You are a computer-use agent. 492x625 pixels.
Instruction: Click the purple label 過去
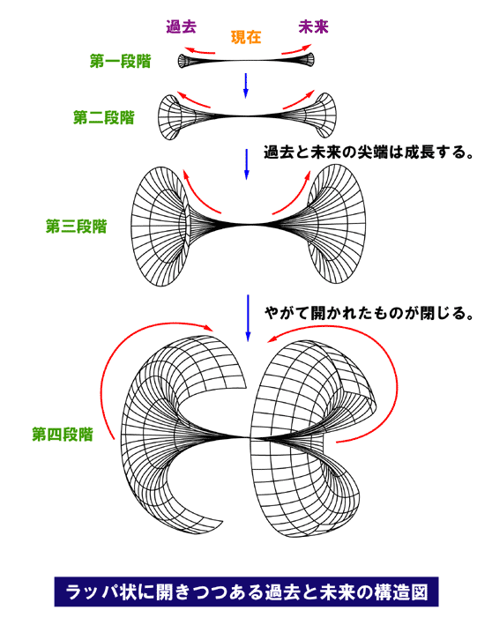point(182,26)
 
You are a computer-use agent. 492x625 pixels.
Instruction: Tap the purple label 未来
point(313,26)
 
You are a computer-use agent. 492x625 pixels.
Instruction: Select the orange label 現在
point(246,38)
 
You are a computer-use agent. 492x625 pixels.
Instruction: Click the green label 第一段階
point(121,61)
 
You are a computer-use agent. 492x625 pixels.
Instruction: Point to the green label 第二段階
point(104,117)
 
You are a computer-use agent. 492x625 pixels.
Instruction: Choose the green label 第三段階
point(77,227)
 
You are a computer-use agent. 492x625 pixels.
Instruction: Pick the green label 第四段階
point(63,434)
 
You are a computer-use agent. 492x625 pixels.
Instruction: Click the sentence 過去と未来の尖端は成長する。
point(369,153)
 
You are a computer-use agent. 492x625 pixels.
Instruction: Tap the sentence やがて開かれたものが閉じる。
point(369,313)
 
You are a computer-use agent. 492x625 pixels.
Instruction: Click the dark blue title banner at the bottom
point(246,592)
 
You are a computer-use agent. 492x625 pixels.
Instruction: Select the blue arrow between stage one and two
point(246,86)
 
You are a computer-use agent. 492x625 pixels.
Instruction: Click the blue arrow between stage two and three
point(246,164)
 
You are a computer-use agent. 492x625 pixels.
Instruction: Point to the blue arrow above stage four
point(248,317)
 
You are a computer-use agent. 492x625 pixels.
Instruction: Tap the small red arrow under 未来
point(296,49)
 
